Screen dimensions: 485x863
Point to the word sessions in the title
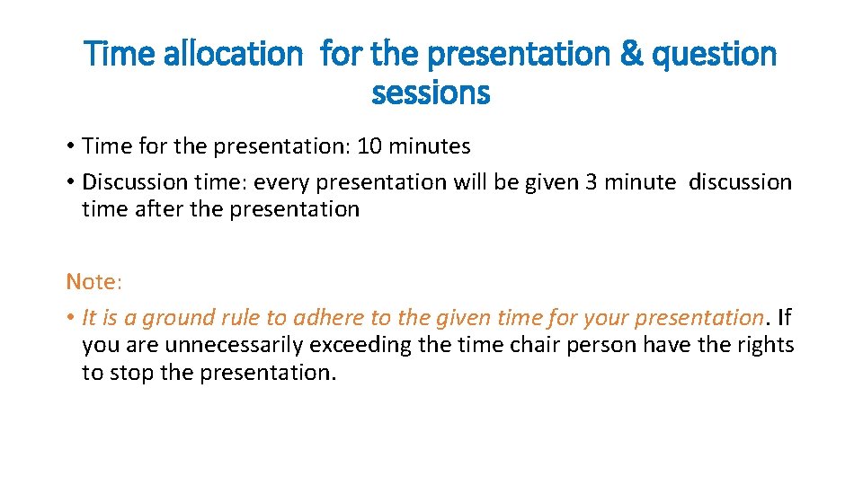[x=431, y=93]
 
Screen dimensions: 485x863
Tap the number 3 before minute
[x=591, y=182]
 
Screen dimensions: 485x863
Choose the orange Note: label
[x=93, y=282]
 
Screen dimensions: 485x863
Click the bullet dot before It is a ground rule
[x=70, y=318]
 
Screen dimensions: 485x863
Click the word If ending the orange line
[x=785, y=318]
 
